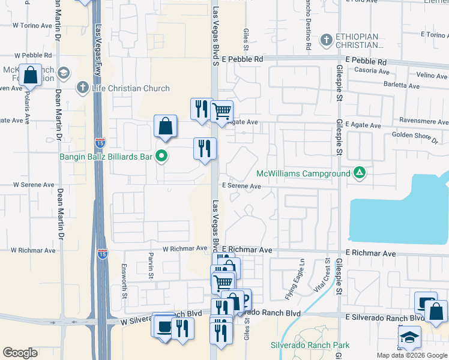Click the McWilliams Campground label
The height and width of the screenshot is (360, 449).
(x=303, y=174)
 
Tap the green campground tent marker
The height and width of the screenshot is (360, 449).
(x=360, y=173)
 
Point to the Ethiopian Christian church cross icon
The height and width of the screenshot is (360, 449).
(x=326, y=40)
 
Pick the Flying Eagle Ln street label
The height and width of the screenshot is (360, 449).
(x=303, y=271)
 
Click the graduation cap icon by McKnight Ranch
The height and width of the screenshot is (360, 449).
(x=62, y=74)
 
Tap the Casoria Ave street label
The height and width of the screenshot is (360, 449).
(x=370, y=71)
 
